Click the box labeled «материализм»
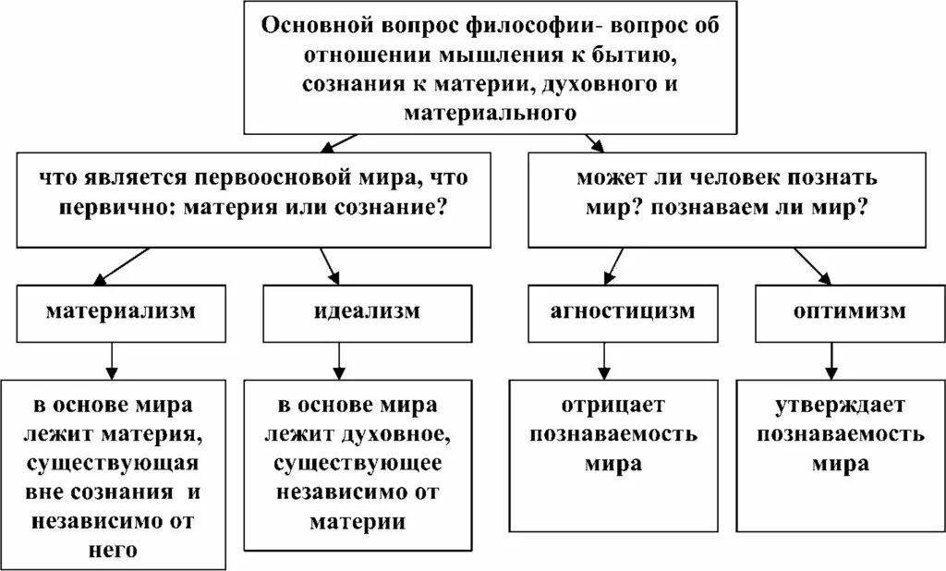coord(121,311)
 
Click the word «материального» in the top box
coord(491,113)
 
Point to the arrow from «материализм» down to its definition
coord(111,358)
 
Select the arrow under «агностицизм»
coord(603,358)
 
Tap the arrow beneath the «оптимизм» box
coord(831,358)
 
